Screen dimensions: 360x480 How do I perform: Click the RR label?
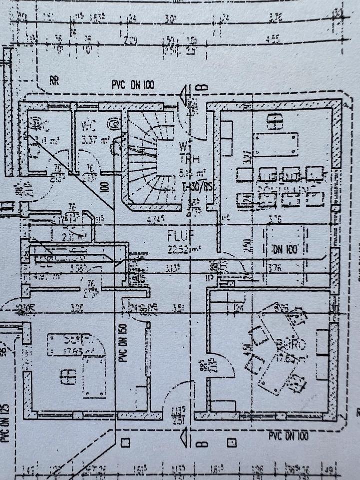coord(54,81)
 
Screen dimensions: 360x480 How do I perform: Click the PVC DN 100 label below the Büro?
coord(289,436)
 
